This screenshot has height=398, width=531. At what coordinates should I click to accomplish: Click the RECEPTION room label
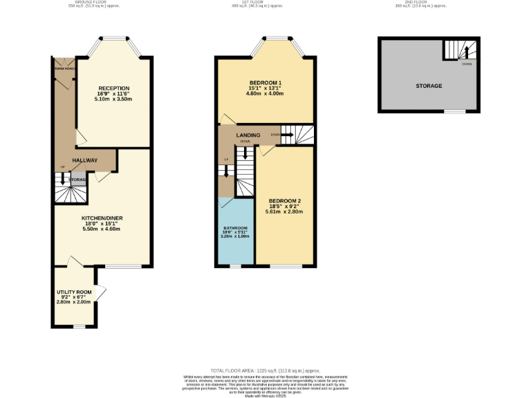(114, 88)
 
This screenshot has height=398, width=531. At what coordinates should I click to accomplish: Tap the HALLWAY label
(85, 160)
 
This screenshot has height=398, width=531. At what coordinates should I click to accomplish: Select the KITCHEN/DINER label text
(96, 217)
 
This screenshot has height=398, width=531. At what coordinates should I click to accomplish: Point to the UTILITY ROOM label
(75, 293)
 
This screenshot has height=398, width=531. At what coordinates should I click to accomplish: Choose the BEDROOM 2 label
(286, 201)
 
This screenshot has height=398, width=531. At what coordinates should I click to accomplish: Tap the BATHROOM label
(235, 227)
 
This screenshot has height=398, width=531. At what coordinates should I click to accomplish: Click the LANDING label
(248, 135)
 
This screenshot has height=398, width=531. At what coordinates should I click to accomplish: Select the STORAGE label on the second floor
(429, 86)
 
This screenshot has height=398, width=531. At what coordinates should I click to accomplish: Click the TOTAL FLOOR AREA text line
(265, 371)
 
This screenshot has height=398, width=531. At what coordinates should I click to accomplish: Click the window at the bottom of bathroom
(235, 265)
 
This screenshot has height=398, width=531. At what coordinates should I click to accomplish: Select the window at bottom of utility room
(80, 326)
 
